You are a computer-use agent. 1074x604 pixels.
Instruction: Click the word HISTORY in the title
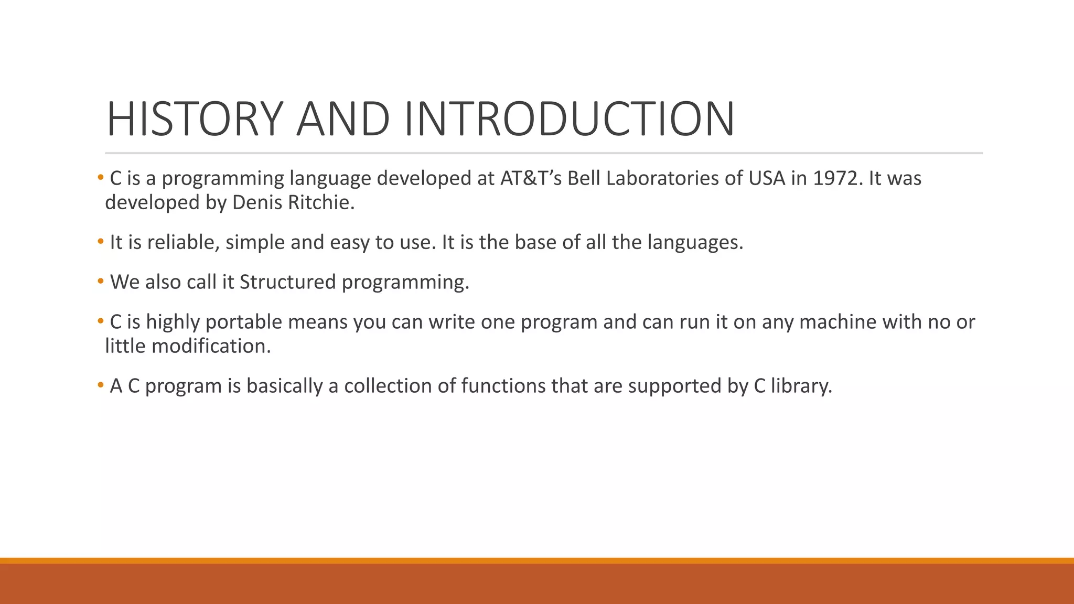(x=195, y=119)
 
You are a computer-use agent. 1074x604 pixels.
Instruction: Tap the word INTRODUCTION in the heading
(x=569, y=119)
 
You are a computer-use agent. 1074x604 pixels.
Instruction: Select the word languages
(x=695, y=243)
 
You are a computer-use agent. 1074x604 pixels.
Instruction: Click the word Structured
(x=287, y=283)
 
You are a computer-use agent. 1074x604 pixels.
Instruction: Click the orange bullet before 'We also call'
(x=101, y=282)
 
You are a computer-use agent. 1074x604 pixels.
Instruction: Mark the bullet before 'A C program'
(x=101, y=386)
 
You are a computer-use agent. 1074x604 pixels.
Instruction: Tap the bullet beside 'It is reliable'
(x=101, y=242)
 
